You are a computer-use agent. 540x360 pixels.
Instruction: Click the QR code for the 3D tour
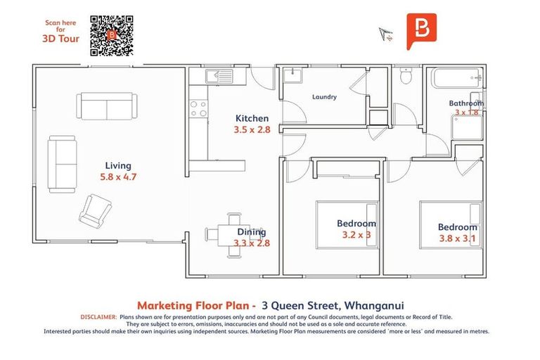[112, 36]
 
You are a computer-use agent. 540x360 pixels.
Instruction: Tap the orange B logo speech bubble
[421, 31]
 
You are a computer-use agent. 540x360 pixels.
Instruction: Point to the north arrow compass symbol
[386, 34]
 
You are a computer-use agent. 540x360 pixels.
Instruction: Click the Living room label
[118, 166]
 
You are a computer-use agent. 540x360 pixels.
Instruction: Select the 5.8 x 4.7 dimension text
[118, 177]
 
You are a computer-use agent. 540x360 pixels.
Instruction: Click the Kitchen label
[252, 118]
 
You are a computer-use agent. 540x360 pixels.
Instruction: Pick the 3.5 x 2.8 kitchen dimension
[252, 129]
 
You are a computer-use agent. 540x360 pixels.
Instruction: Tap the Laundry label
[324, 97]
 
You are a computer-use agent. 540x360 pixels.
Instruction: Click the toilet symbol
[406, 75]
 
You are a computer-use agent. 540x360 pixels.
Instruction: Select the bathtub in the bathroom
[457, 78]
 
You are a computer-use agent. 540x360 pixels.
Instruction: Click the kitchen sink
[219, 77]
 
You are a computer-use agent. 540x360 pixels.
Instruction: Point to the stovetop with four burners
[198, 108]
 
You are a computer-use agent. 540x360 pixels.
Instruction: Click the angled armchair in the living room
[96, 211]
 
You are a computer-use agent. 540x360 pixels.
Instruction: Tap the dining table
[234, 236]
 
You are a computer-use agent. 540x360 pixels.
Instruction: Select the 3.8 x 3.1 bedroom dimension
[457, 238]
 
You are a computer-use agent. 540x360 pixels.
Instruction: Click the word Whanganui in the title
[374, 306]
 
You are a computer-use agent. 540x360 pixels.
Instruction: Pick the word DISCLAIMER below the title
[99, 317]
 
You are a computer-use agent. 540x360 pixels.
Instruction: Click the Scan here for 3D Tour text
[60, 31]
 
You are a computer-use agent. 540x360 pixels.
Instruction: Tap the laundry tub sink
[292, 75]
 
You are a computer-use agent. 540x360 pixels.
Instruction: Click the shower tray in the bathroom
[467, 127]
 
